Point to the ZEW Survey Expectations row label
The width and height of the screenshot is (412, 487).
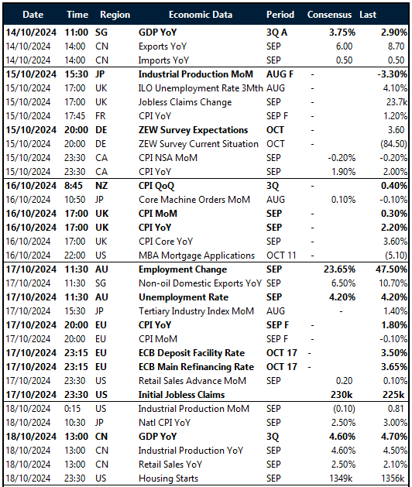click(193, 130)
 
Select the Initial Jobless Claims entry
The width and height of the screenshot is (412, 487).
click(182, 393)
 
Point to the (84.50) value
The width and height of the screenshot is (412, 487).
click(392, 144)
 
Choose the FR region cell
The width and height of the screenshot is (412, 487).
click(101, 116)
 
